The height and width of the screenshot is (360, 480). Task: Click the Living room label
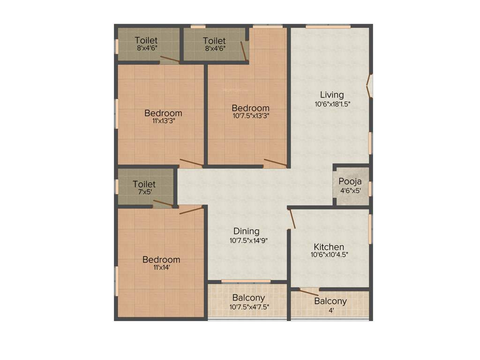point(332,95)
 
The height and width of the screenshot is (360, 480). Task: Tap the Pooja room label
point(350,181)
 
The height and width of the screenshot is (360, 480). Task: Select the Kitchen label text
point(329,247)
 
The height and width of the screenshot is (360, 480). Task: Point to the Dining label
point(247,231)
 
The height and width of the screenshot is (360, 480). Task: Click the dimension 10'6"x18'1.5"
point(332,105)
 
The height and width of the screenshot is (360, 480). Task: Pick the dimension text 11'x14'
point(161,268)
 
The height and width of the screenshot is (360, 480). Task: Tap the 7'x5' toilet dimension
point(144,192)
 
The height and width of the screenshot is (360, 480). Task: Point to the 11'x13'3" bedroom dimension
point(163,121)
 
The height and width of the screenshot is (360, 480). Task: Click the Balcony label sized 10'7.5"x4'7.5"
point(248,298)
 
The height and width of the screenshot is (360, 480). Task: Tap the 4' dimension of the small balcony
point(331,310)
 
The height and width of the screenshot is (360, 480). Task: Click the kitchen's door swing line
point(292,219)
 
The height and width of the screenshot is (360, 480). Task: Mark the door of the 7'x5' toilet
point(163,203)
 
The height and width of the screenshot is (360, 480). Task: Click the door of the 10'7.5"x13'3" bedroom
point(275,163)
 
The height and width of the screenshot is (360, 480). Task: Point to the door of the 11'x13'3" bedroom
point(192,163)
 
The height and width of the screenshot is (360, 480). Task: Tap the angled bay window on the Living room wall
point(370,86)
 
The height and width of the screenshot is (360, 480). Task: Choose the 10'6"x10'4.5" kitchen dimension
point(329,255)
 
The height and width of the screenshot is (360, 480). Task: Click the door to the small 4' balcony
point(309,292)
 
